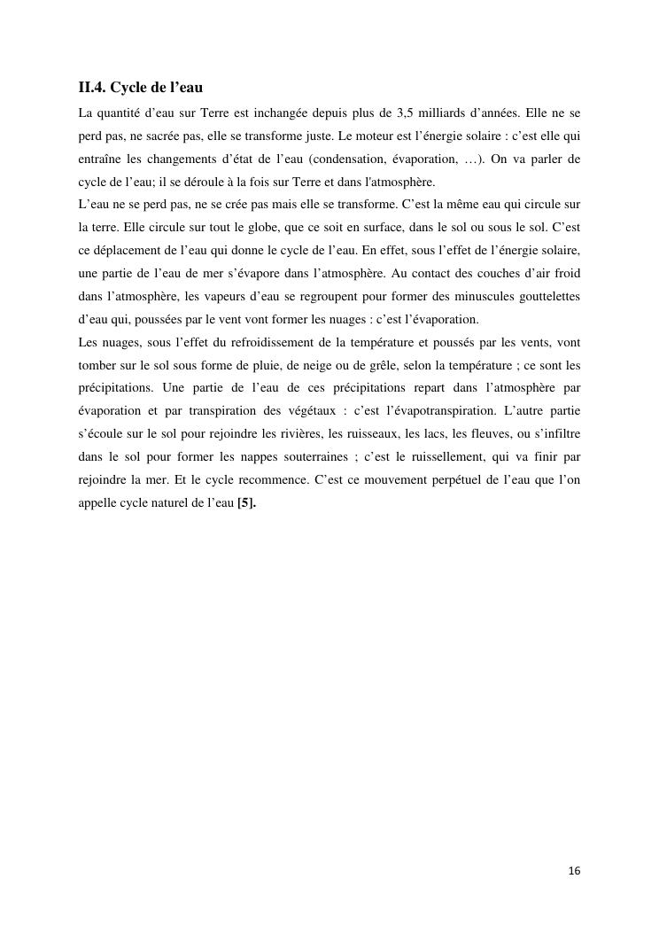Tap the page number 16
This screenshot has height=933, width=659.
click(x=574, y=871)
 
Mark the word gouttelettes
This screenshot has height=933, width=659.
click(x=544, y=297)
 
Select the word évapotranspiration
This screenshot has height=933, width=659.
click(x=430, y=411)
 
